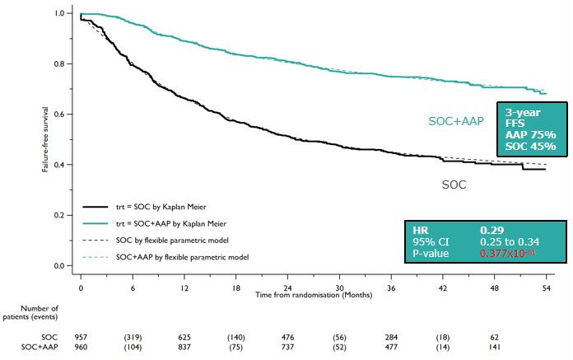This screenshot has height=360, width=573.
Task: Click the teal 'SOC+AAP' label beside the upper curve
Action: coord(455,121)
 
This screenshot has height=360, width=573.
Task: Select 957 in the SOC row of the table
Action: coord(82,337)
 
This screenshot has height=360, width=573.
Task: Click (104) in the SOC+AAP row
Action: coord(133,347)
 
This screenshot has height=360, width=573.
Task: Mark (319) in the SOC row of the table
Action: coord(133,337)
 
